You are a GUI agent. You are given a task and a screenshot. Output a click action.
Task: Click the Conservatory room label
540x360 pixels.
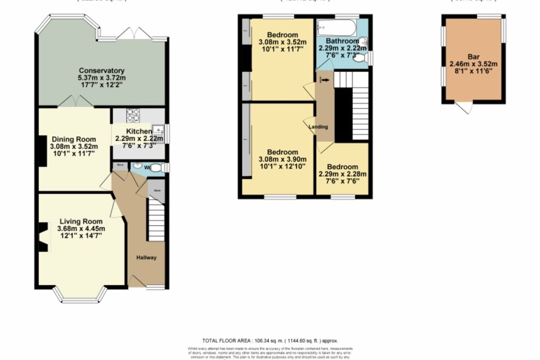(102, 70)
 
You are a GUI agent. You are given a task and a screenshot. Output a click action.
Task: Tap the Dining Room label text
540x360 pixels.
(74, 139)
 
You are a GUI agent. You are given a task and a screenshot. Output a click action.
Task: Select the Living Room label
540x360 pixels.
(81, 221)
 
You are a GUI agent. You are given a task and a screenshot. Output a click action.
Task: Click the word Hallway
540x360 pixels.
(146, 258)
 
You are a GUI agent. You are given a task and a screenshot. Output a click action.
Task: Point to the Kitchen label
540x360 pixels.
(139, 132)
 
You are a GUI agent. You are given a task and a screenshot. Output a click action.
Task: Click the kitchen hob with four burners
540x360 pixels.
(133, 115)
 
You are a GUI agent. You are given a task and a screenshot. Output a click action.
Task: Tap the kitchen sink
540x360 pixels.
(158, 129)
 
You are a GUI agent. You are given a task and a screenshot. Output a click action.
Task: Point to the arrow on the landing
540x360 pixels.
(326, 79)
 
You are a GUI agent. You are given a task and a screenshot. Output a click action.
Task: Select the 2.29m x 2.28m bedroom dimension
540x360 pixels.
(342, 174)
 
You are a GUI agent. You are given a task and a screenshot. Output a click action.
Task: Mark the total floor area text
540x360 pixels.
(270, 341)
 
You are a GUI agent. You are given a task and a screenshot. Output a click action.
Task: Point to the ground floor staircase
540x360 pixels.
(157, 222)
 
